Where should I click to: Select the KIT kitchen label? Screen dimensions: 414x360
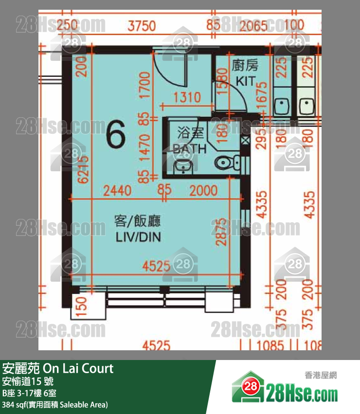[246, 81]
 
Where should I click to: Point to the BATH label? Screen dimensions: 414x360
[189, 149]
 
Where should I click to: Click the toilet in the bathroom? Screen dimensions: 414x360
[227, 162]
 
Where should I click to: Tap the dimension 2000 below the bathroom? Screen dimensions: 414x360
[203, 191]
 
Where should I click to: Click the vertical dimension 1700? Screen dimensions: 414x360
[144, 86]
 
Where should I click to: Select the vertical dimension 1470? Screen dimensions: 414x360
[144, 148]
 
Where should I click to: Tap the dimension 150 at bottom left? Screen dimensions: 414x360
[81, 306]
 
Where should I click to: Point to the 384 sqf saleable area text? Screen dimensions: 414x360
[55, 405]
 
